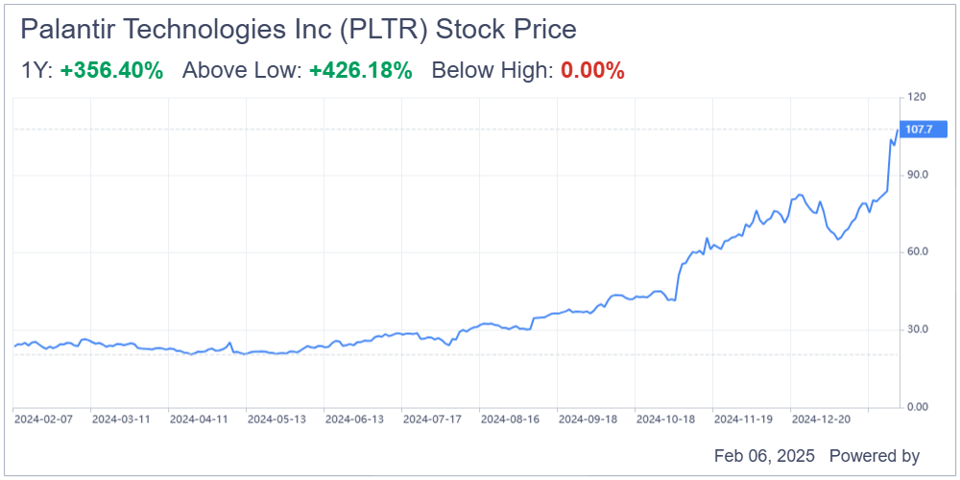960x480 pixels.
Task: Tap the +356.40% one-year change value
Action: pyautogui.click(x=111, y=70)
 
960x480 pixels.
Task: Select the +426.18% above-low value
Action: pyautogui.click(x=360, y=70)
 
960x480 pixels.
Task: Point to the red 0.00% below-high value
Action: pyautogui.click(x=592, y=70)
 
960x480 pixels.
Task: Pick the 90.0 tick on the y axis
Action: pyautogui.click(x=917, y=175)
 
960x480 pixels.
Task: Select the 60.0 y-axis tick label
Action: pyautogui.click(x=917, y=252)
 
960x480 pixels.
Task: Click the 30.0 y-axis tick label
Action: pyautogui.click(x=917, y=329)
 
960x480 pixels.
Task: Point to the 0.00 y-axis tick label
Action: pyautogui.click(x=917, y=407)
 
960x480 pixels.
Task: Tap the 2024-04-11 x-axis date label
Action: pyautogui.click(x=200, y=420)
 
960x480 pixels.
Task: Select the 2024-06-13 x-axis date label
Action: pyautogui.click(x=355, y=420)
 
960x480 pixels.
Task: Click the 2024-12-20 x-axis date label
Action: pyautogui.click(x=823, y=420)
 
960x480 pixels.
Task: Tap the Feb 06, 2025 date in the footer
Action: pyautogui.click(x=763, y=456)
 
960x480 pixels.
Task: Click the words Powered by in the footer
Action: pyautogui.click(x=874, y=456)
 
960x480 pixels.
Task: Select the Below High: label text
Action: pyautogui.click(x=492, y=70)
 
